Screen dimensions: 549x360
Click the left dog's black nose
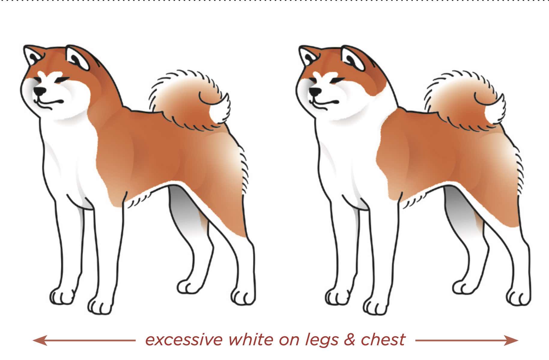(40, 90)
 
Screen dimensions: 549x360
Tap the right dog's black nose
(315, 91)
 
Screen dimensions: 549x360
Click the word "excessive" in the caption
(184, 340)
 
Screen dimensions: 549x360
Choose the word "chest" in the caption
(383, 340)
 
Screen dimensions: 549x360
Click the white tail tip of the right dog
(495, 111)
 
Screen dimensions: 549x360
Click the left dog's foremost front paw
(101, 306)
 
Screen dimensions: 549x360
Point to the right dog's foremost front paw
(376, 306)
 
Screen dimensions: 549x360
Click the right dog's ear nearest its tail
(353, 58)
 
